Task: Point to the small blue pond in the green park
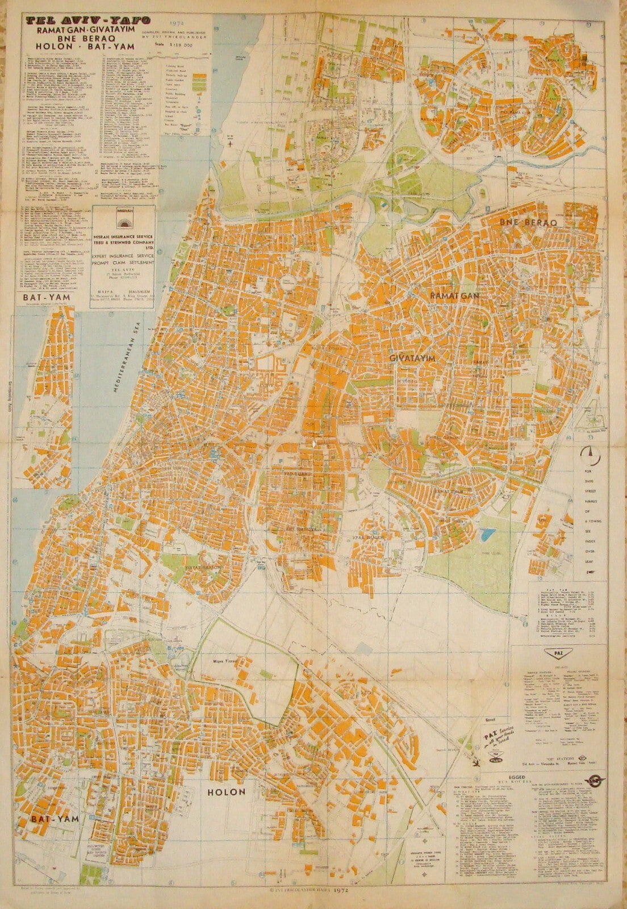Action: click(x=486, y=534)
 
